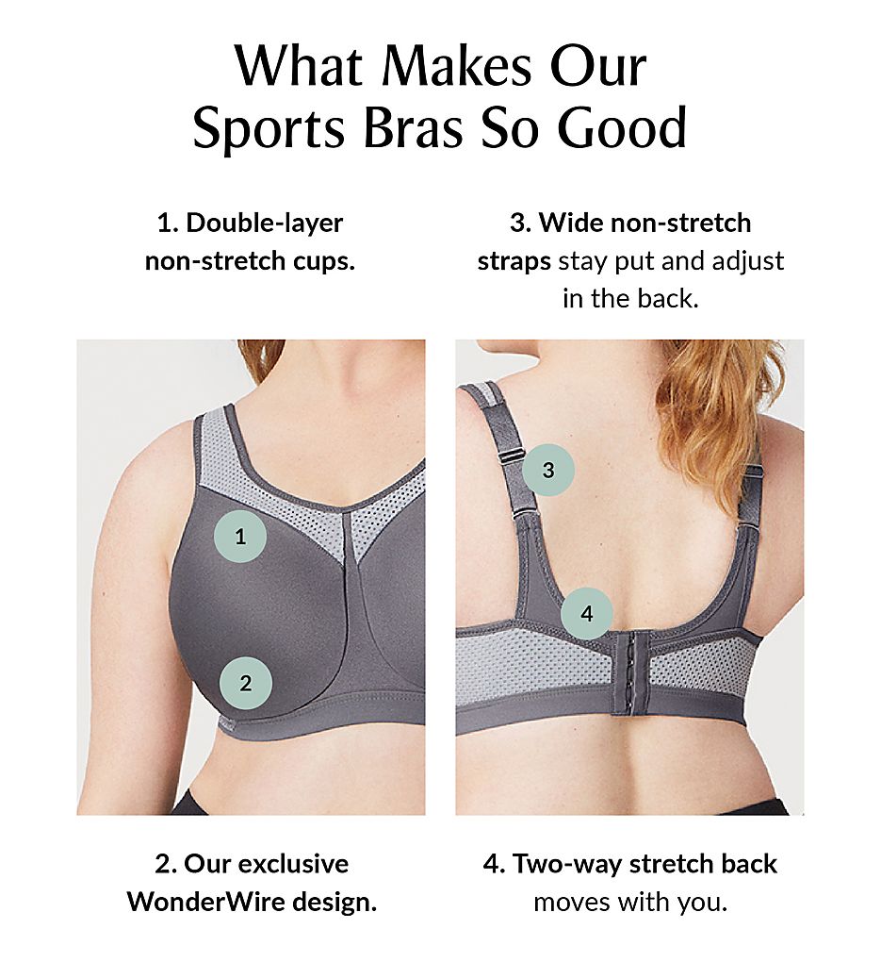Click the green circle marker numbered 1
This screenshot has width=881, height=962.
coord(239,537)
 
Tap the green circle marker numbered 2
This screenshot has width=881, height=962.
coord(245,683)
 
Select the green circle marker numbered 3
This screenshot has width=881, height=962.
coord(548,470)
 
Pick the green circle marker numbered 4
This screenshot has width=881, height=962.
coord(587,614)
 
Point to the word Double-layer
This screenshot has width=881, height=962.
coord(264,222)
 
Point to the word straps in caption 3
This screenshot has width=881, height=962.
coord(514,261)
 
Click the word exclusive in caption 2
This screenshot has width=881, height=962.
coord(292,864)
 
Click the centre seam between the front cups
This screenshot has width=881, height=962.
coord(353,607)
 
